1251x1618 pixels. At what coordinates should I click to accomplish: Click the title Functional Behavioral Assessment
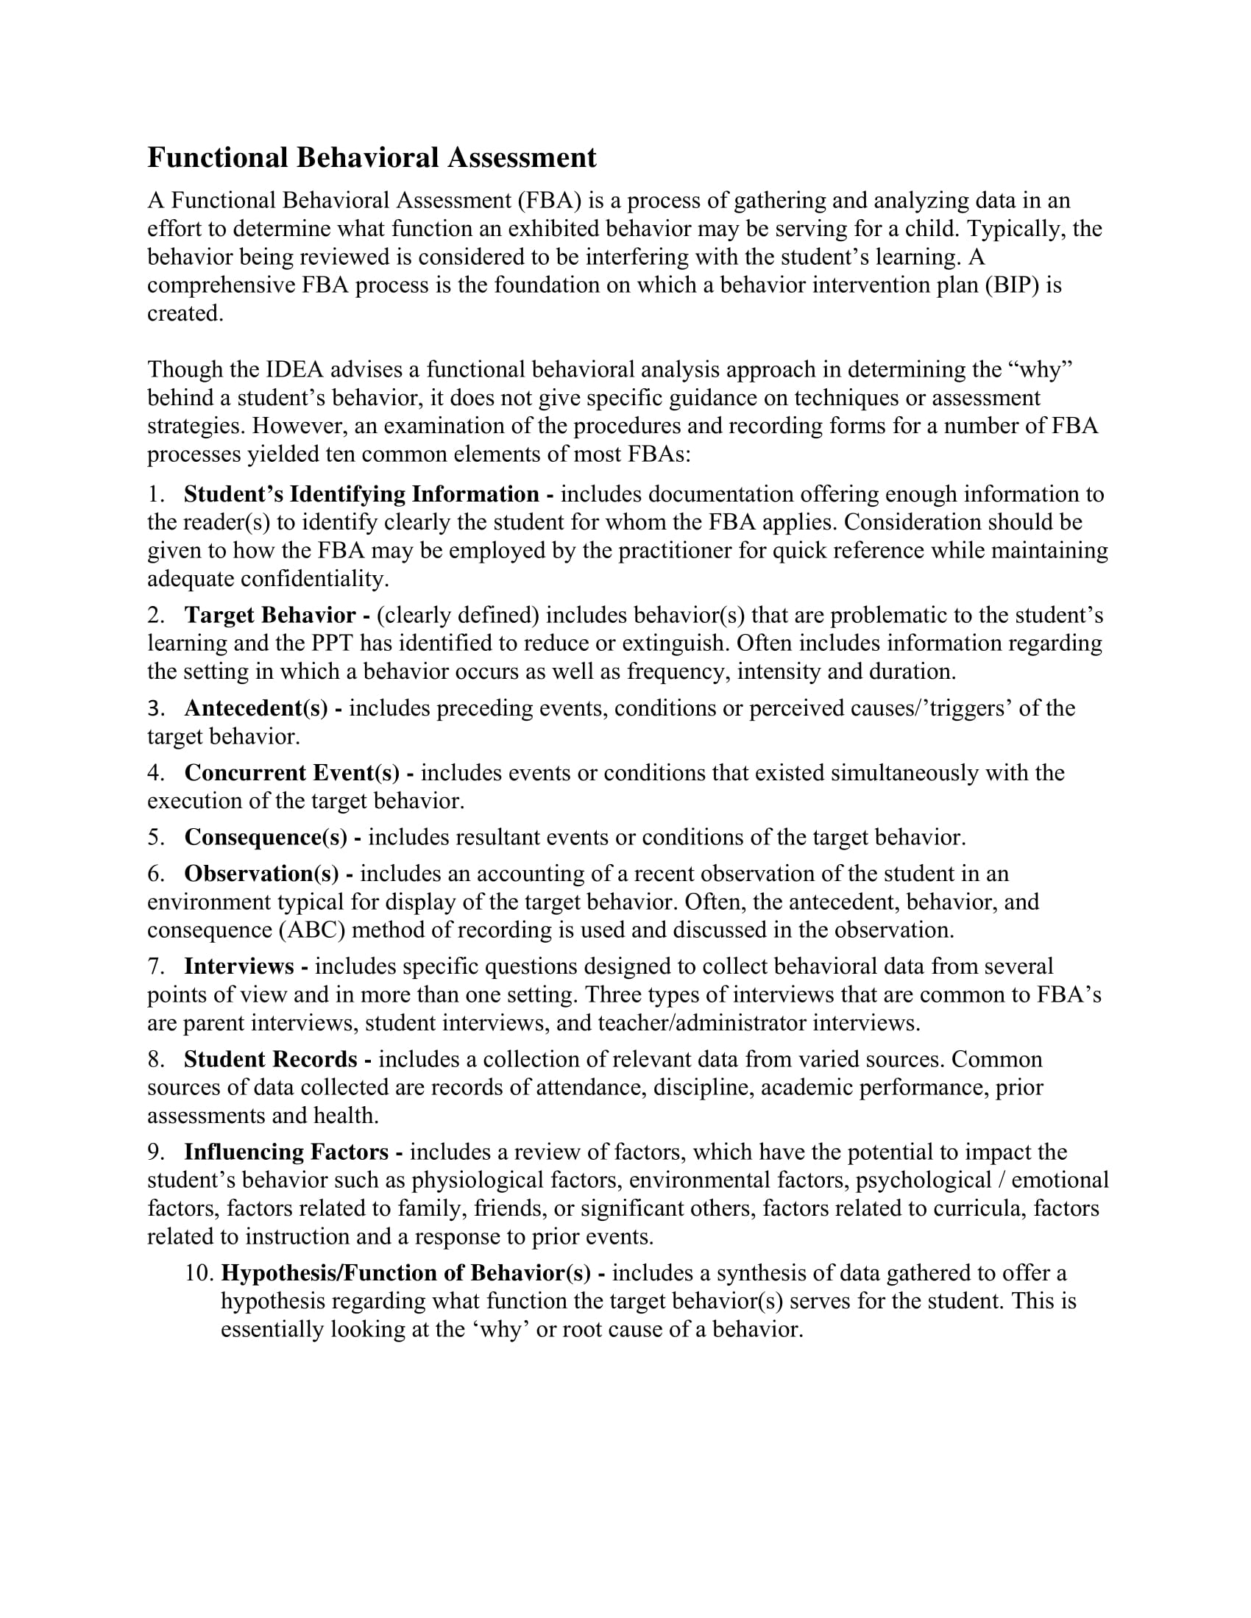(x=372, y=159)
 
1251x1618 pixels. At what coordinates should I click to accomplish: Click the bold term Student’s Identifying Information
(x=361, y=494)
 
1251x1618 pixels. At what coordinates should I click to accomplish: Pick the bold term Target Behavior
(x=270, y=615)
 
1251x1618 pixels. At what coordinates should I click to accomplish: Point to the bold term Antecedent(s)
(x=255, y=708)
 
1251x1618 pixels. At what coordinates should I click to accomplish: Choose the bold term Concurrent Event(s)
(x=291, y=773)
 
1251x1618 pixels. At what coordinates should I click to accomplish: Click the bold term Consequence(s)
(x=266, y=837)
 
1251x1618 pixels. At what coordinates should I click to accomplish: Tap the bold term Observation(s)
(x=262, y=874)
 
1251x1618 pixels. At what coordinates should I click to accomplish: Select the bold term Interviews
(x=238, y=966)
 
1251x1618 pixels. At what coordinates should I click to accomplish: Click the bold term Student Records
(x=271, y=1059)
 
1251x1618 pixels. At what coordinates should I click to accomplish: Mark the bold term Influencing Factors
(x=286, y=1152)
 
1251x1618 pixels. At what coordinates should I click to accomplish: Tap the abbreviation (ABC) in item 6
(x=312, y=930)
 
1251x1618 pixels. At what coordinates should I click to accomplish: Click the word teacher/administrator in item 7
(x=702, y=1023)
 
